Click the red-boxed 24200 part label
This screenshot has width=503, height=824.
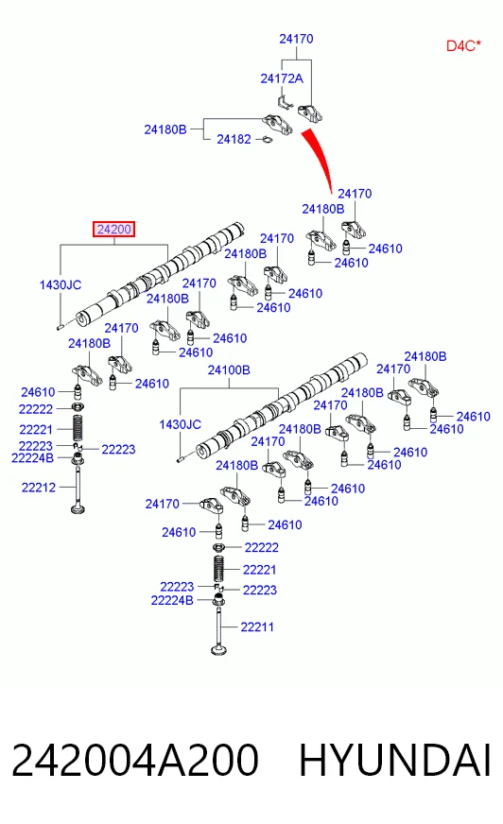tap(114, 229)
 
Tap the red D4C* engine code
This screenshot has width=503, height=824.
tap(463, 45)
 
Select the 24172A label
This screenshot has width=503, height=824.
tap(282, 78)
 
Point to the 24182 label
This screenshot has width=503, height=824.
tap(234, 139)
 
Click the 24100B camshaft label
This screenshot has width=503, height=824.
tap(229, 370)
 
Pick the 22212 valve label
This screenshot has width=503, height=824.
tap(39, 488)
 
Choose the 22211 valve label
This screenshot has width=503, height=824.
tap(257, 627)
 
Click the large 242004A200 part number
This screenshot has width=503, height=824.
tap(135, 760)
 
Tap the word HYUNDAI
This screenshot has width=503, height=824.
tap(394, 760)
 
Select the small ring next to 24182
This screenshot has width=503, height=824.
tap(267, 140)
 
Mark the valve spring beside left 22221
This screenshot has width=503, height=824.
tap(78, 428)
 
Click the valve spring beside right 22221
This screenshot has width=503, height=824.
tap(219, 569)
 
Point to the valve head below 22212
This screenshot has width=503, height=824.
tap(78, 508)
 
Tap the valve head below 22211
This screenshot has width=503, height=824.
tap(219, 650)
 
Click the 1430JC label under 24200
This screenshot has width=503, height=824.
tap(61, 284)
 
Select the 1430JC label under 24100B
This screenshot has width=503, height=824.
tap(181, 424)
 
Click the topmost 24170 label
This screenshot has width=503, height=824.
tap(297, 39)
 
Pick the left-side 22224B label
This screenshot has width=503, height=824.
tap(32, 458)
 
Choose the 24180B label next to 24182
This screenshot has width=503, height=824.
tap(165, 129)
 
